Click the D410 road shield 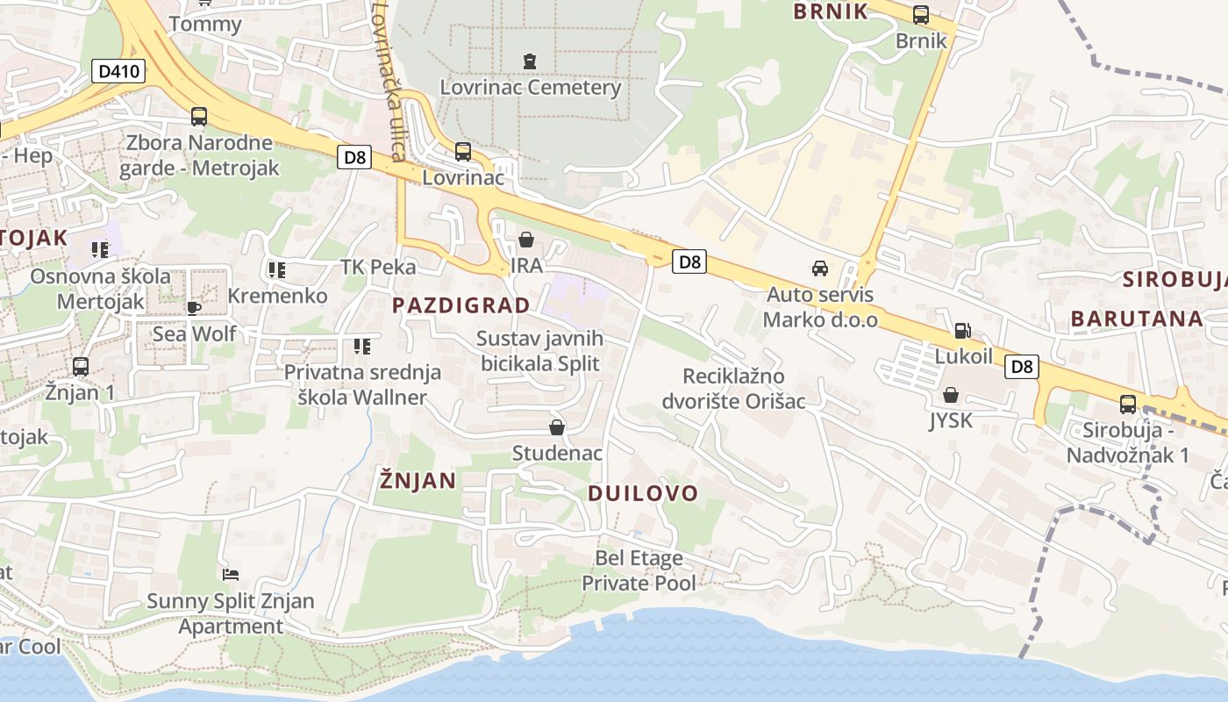[x=118, y=71]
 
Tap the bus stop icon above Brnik [x=920, y=15]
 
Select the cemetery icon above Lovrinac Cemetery [x=529, y=61]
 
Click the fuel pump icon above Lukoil [x=962, y=331]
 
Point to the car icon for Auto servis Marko [x=819, y=269]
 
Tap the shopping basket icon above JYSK [x=950, y=395]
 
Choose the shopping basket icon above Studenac [x=556, y=427]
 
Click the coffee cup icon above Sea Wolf [x=194, y=308]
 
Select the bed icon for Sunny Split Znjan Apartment [x=231, y=575]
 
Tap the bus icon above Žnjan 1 [x=80, y=366]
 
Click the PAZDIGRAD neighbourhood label [x=460, y=305]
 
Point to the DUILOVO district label [x=642, y=493]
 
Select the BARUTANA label [x=1136, y=319]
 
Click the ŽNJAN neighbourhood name [x=418, y=480]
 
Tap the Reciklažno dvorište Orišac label [x=744, y=389]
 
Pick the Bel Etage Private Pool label [x=639, y=570]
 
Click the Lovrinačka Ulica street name [x=389, y=81]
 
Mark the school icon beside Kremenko [x=277, y=270]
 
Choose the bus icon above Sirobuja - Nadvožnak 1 [x=1127, y=405]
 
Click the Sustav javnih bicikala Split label [x=539, y=351]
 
